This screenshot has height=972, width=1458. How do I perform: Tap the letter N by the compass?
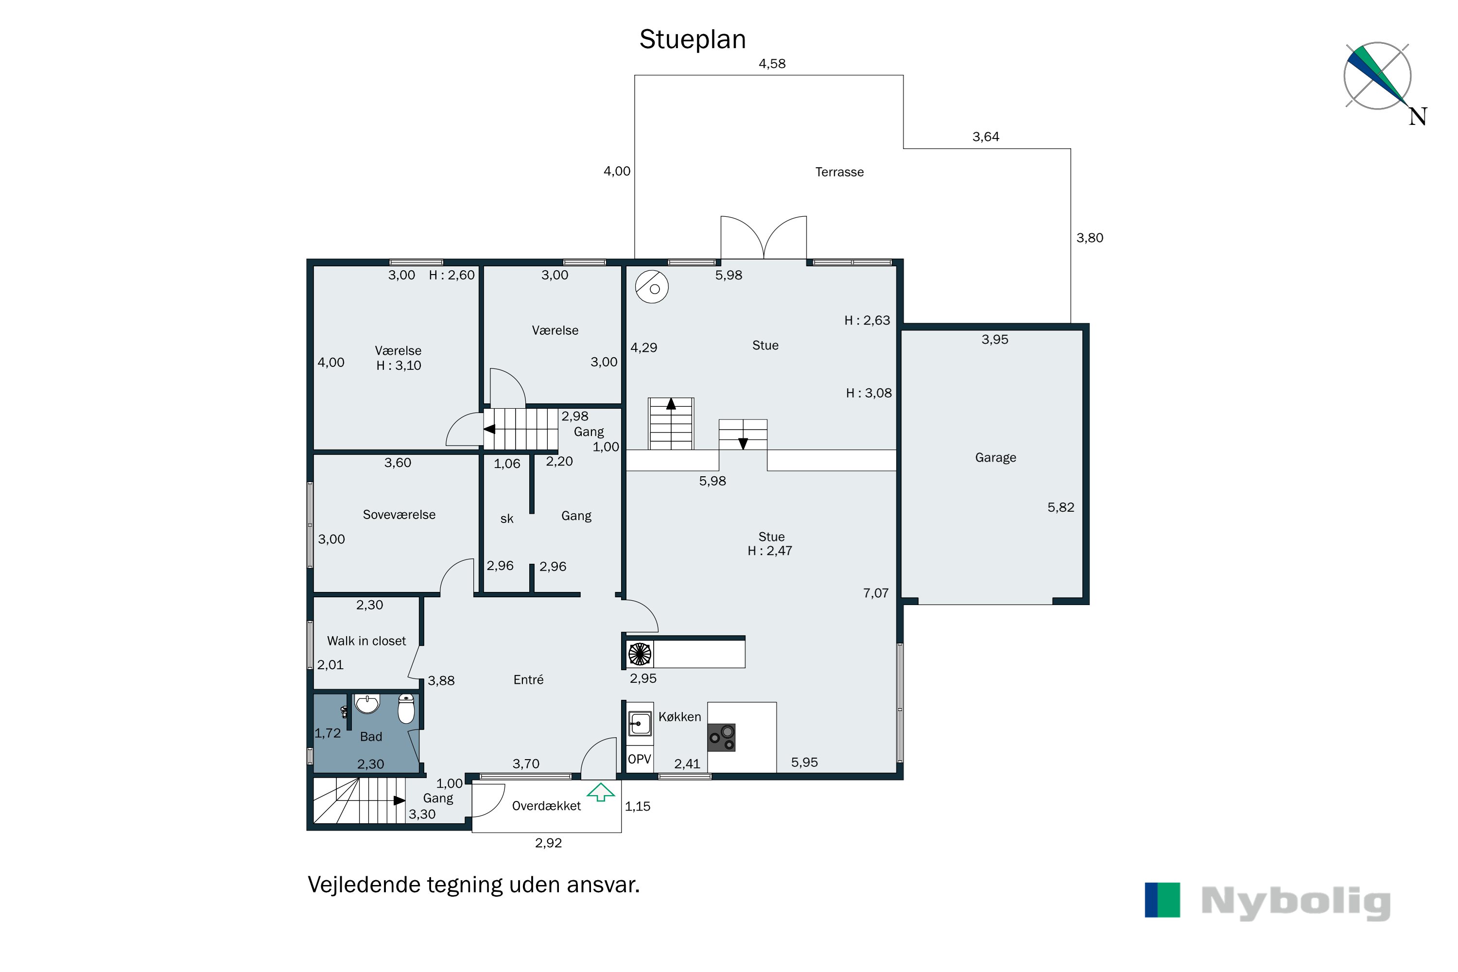[1418, 117]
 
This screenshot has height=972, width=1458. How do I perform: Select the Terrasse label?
[839, 172]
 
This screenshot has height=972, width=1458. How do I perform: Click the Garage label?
[995, 457]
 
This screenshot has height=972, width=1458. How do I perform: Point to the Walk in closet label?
[366, 641]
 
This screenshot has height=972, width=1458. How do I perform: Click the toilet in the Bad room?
[406, 708]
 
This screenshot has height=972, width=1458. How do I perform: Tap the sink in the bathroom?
[367, 704]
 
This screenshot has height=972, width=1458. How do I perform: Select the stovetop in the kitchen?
[722, 738]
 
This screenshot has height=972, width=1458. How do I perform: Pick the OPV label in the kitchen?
[640, 759]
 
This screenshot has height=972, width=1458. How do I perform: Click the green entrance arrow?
[601, 792]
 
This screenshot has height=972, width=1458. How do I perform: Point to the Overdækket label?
[546, 806]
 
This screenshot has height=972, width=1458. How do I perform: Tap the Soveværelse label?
[399, 515]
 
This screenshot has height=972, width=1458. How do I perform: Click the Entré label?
[528, 680]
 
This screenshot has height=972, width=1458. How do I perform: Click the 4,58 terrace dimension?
[772, 64]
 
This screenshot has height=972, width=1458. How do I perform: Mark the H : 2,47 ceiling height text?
[770, 551]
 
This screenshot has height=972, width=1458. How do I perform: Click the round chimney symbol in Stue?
[652, 287]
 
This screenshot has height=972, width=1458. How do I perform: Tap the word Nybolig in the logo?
[1296, 903]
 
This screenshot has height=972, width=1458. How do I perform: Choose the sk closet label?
[506, 519]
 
